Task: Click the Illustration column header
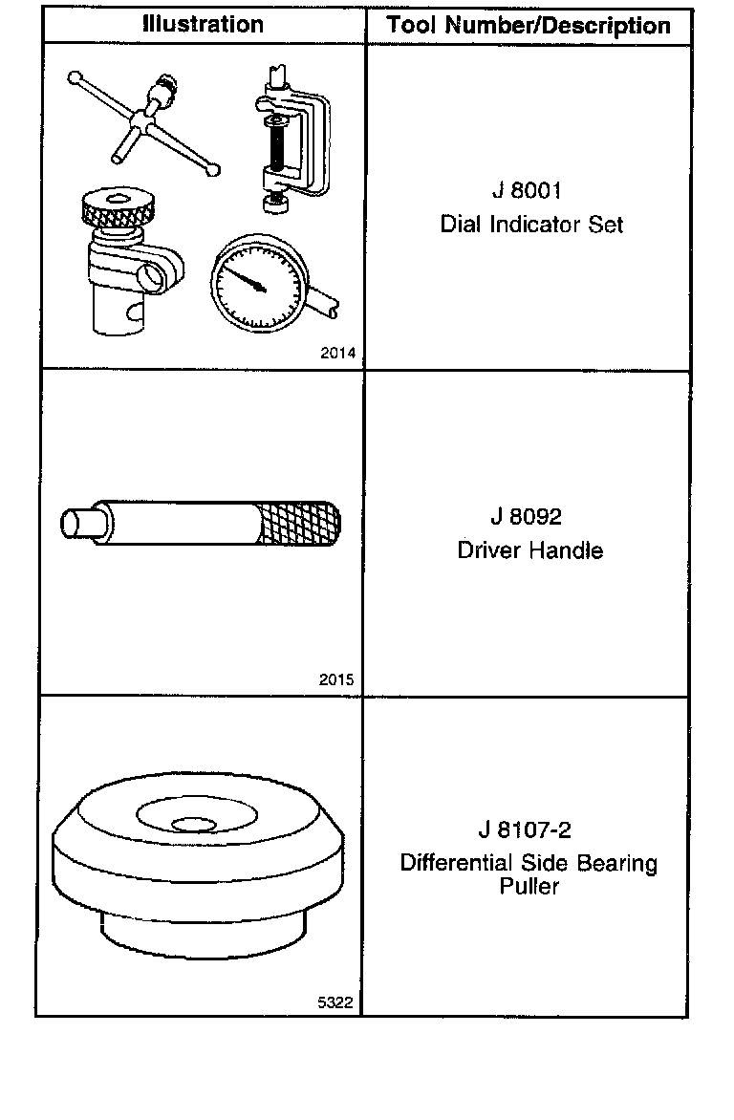click(203, 25)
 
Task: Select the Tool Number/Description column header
click(529, 26)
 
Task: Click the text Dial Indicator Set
click(531, 225)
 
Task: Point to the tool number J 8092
click(526, 517)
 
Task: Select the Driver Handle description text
click(529, 550)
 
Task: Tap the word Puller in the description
click(529, 887)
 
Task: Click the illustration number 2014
click(337, 354)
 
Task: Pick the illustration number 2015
click(337, 680)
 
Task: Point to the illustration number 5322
click(336, 1002)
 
